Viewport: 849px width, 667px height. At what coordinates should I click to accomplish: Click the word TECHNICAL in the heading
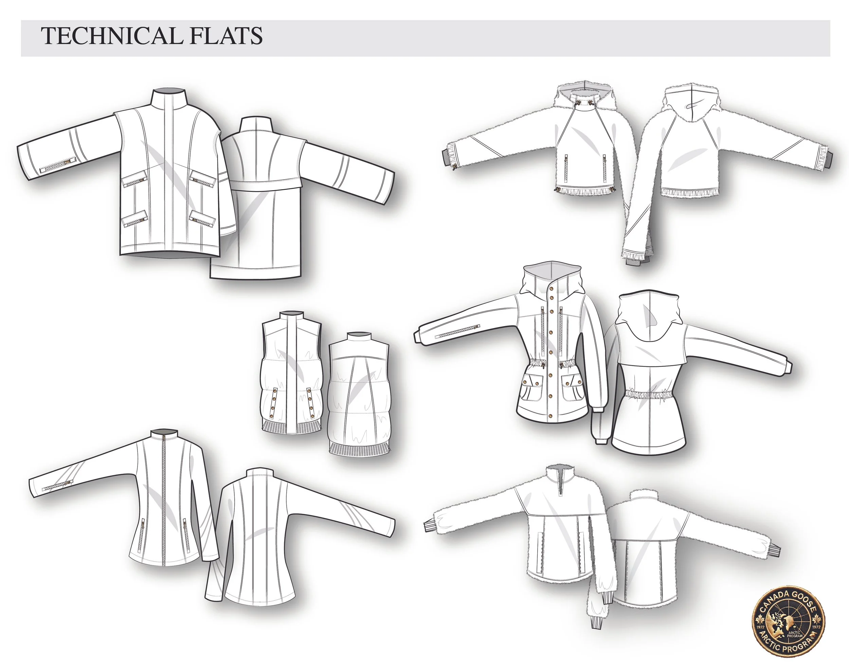(x=111, y=36)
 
